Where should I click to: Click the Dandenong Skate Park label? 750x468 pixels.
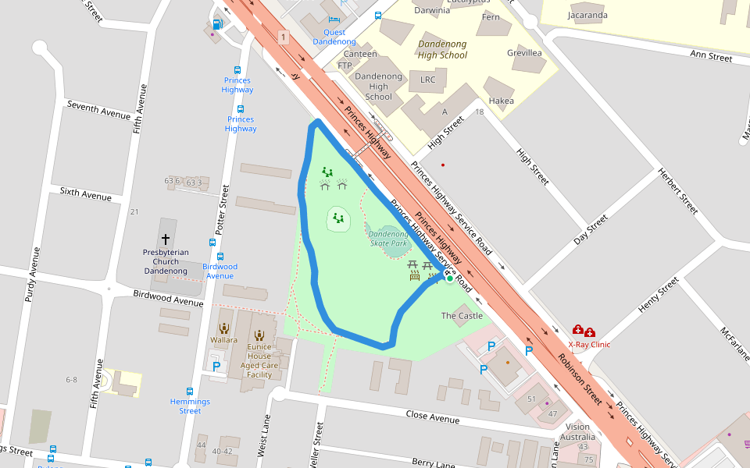click(388, 239)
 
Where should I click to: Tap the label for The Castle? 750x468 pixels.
click(462, 316)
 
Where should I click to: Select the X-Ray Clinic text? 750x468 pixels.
click(589, 344)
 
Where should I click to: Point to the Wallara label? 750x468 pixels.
click(223, 340)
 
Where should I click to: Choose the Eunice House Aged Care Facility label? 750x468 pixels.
click(259, 360)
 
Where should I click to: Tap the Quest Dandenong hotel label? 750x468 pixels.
click(334, 37)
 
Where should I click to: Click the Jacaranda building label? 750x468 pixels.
click(587, 15)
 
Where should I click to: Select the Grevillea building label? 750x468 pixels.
click(524, 53)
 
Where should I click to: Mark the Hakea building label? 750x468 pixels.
click(501, 101)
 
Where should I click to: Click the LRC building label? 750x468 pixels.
click(428, 80)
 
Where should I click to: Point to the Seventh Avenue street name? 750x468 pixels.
click(98, 110)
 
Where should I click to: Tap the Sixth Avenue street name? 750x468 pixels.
click(86, 193)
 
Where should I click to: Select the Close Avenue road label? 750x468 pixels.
click(433, 417)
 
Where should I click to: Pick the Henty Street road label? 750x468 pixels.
click(659, 296)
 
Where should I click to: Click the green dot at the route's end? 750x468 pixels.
click(449, 278)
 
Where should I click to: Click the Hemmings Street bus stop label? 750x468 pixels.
click(190, 406)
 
